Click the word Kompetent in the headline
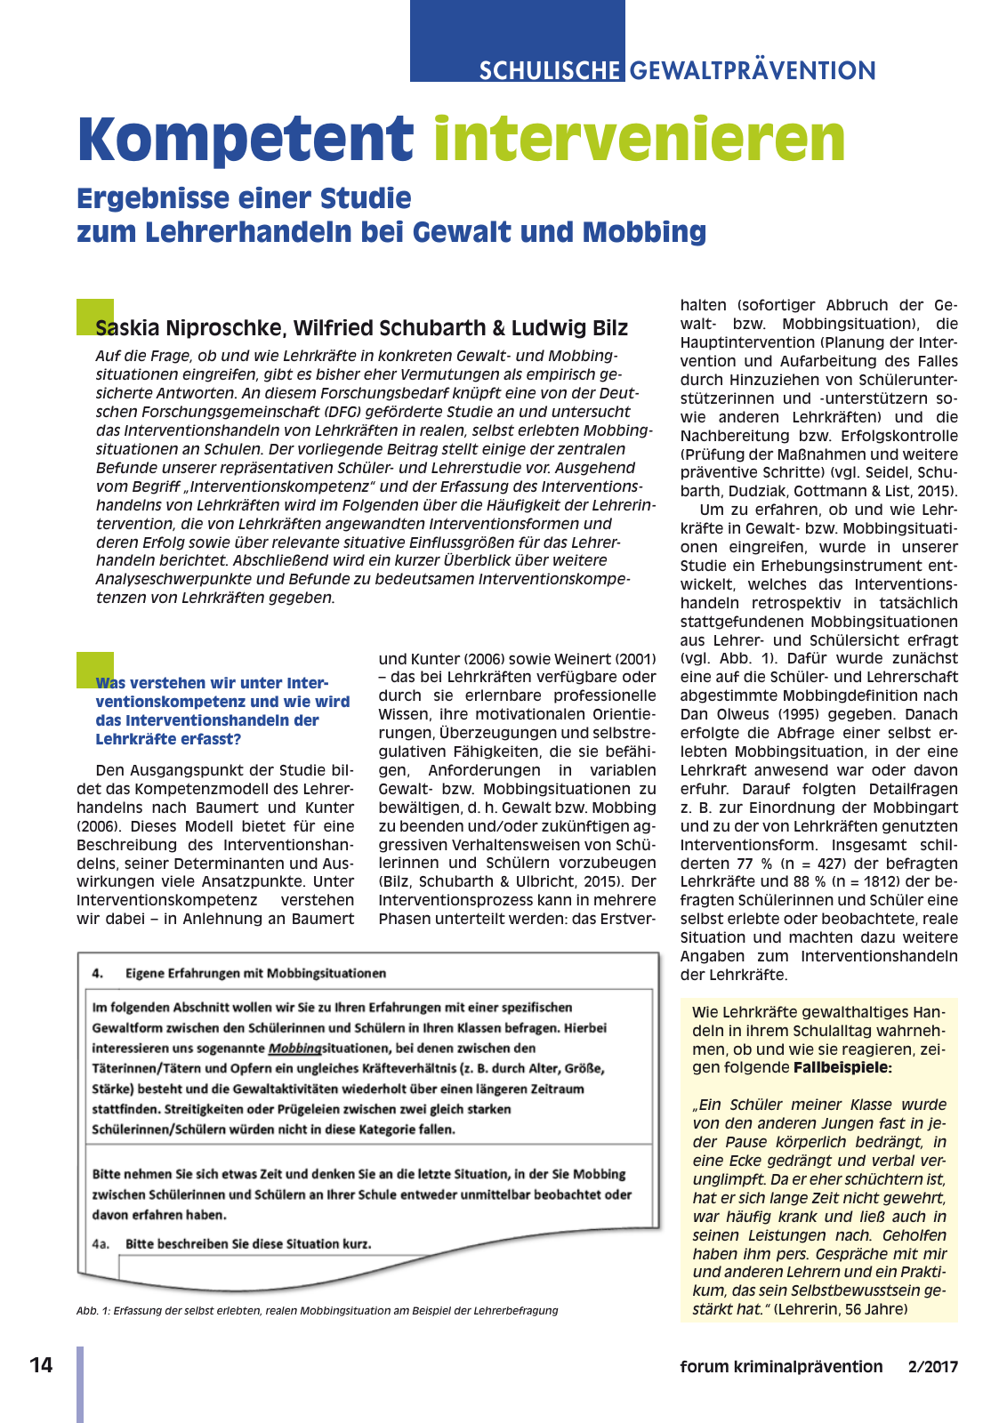pyautogui.click(x=245, y=140)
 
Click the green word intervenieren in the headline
pyautogui.click(x=639, y=140)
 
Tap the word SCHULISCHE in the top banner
pyautogui.click(x=549, y=70)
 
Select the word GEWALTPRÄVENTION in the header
pyautogui.click(x=753, y=70)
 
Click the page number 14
pyautogui.click(x=41, y=1365)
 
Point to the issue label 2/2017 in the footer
pyautogui.click(x=933, y=1367)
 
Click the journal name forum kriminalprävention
pyautogui.click(x=781, y=1367)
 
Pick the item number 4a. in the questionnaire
pyautogui.click(x=101, y=1243)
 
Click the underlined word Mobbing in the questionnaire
pyautogui.click(x=294, y=1049)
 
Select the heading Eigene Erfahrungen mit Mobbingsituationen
pyautogui.click(x=255, y=973)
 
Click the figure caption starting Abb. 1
pyautogui.click(x=317, y=1310)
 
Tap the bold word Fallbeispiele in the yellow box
pyautogui.click(x=842, y=1067)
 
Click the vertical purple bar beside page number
pyautogui.click(x=80, y=1384)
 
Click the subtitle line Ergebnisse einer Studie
pyautogui.click(x=244, y=197)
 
